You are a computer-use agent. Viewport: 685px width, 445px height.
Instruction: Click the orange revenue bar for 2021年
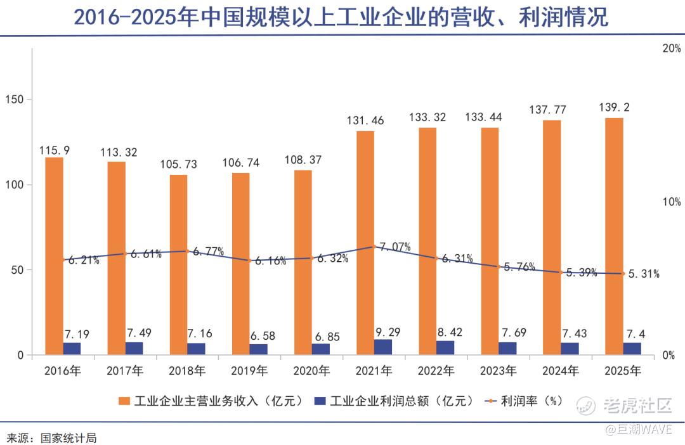(x=365, y=241)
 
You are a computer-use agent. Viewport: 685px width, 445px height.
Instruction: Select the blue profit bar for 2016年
(x=72, y=349)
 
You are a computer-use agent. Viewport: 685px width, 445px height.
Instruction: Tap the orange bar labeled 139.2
(x=613, y=235)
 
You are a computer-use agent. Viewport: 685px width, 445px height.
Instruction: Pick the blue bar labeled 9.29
(x=382, y=347)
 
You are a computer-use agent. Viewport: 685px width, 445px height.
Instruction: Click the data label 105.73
(x=178, y=164)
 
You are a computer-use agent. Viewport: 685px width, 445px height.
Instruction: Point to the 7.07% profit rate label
(x=395, y=247)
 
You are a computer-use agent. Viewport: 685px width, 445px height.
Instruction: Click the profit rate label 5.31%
(x=643, y=274)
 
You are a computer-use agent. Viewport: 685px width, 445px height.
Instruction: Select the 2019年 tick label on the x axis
(x=249, y=370)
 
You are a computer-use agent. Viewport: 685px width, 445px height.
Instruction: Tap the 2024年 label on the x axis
(x=561, y=370)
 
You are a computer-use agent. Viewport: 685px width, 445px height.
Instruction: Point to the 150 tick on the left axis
(x=14, y=100)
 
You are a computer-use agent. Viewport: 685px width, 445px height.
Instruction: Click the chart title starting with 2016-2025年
(x=342, y=18)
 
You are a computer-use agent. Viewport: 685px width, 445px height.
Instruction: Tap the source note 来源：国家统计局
(x=51, y=437)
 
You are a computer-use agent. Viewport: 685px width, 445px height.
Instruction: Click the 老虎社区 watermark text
(x=637, y=405)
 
